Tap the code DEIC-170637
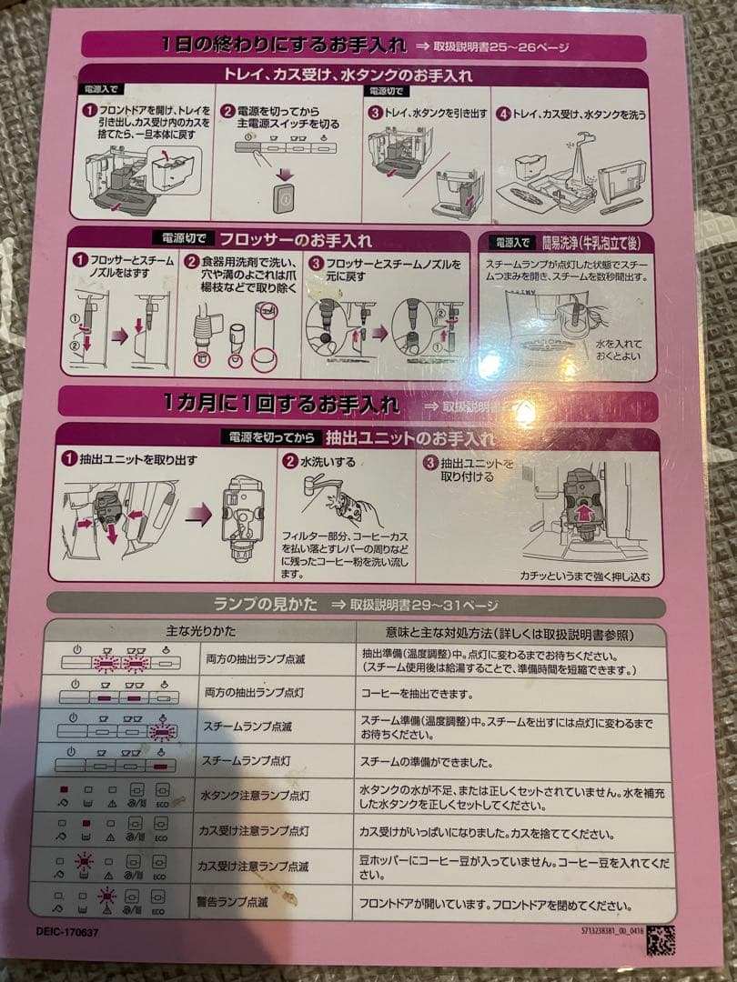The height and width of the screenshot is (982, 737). pyautogui.click(x=68, y=932)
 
